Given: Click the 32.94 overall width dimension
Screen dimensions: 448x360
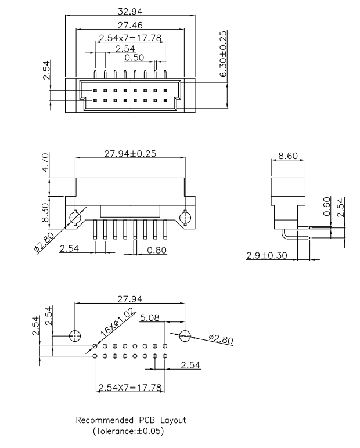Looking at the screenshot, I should [x=130, y=11].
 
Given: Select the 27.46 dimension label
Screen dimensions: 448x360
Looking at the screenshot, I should [x=130, y=26].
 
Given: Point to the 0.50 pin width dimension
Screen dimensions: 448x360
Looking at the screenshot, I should [x=135, y=57].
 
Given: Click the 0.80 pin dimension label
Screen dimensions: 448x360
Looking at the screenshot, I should [x=156, y=250].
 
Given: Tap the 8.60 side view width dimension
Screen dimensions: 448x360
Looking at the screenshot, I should [x=289, y=156].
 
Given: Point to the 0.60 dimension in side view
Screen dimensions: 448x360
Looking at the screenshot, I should [x=326, y=206].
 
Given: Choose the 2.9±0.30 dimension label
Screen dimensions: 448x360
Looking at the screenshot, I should [x=267, y=255].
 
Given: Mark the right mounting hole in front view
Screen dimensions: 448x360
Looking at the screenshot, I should [x=185, y=219].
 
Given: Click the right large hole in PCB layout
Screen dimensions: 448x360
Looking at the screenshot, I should [x=185, y=335].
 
